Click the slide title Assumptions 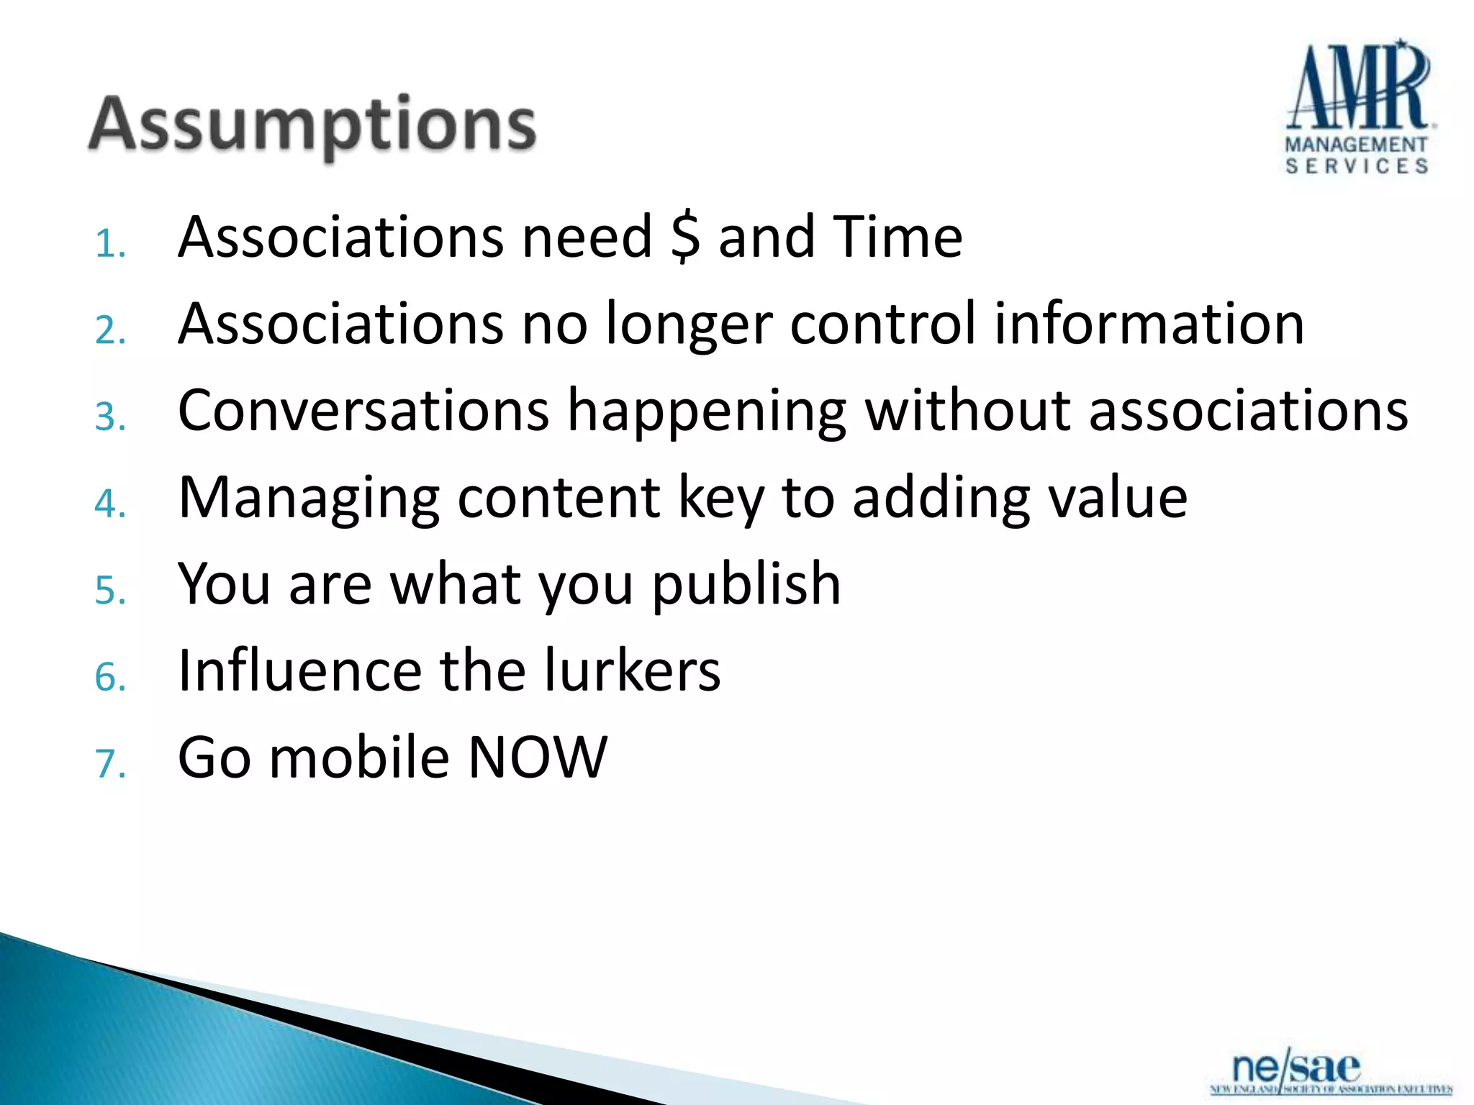click(x=312, y=126)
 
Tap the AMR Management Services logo click(x=1358, y=108)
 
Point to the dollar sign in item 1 click(x=684, y=237)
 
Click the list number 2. click(x=109, y=331)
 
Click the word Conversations click(x=363, y=411)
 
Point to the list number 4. click(x=109, y=504)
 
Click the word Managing click(x=309, y=499)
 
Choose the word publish click(x=746, y=585)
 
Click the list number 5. click(x=109, y=591)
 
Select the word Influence click(x=299, y=671)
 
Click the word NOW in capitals click(x=537, y=758)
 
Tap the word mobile click(x=359, y=758)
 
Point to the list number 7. click(x=109, y=764)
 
